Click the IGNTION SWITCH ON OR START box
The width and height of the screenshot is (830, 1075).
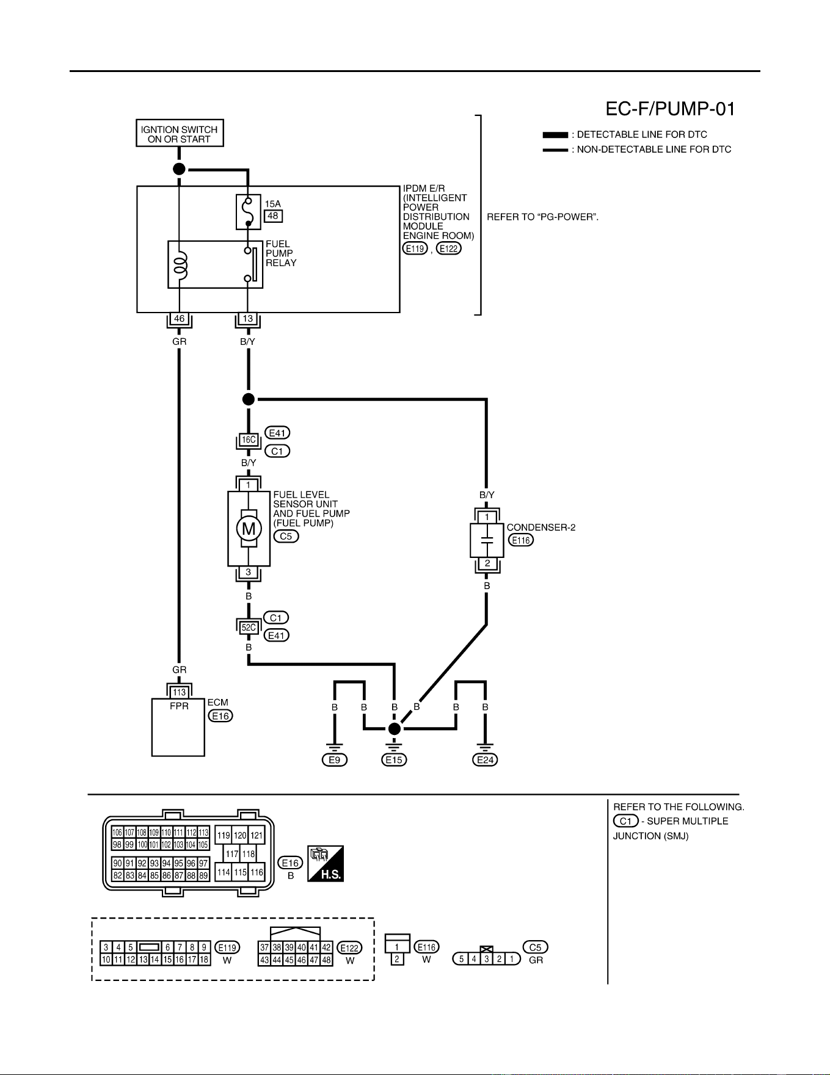coord(180,133)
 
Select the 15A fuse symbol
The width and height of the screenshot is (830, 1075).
coord(248,212)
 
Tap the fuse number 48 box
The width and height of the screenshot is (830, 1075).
coord(273,215)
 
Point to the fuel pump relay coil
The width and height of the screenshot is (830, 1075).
coord(180,264)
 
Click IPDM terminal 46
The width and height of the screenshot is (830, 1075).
coord(179,319)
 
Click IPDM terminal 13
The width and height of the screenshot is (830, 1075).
coord(247,319)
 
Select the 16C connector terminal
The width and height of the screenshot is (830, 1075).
coord(248,440)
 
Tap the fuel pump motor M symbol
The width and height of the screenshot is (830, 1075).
coord(249,529)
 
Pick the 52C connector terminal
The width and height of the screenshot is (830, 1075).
coord(248,627)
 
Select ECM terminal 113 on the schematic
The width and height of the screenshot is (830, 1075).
coord(179,692)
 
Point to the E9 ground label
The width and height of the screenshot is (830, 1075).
coord(335,760)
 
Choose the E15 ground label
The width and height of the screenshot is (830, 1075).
coord(394,760)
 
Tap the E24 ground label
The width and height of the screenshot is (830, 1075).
coord(485,760)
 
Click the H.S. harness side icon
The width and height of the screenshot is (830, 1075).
coord(326,863)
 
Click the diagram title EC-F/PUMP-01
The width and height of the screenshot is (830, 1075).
coord(670,109)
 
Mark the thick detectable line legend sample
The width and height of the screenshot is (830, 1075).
coord(555,135)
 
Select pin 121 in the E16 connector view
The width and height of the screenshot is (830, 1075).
coord(257,836)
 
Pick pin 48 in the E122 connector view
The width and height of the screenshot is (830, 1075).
coord(327,960)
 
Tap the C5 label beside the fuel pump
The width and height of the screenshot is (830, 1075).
coord(286,537)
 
